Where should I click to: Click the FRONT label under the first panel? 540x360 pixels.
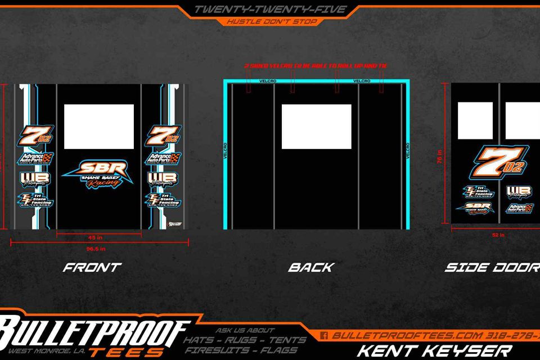coord(92,267)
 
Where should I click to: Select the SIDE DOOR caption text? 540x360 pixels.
coord(492,267)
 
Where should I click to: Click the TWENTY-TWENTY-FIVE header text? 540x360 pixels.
coord(269,10)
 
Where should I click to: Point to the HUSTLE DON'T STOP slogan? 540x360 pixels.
coord(272,22)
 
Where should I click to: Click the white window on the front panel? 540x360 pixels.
coord(99,127)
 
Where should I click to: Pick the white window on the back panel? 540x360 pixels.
coord(316,127)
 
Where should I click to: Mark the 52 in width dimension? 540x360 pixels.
coord(498,235)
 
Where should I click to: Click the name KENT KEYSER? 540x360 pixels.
coord(434,350)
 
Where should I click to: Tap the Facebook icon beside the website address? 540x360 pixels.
coord(324,335)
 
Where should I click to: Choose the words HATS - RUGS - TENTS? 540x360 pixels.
coord(245,340)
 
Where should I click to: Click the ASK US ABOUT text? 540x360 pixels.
coord(245,330)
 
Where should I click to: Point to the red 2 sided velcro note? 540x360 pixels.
coord(316,66)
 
